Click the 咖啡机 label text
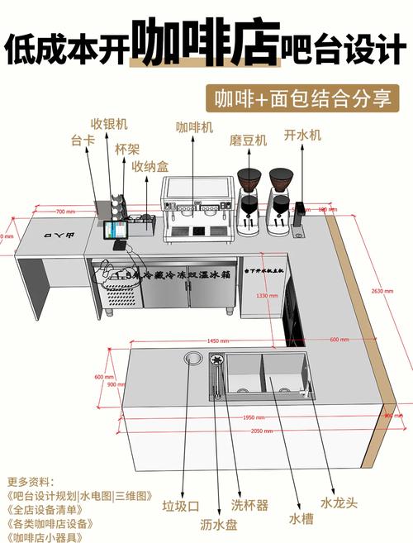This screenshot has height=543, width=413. tap(194, 127)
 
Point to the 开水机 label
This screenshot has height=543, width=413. tap(301, 134)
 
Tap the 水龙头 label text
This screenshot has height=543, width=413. tap(339, 503)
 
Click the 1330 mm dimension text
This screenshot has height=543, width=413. tap(267, 295)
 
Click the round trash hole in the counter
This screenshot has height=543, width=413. tap(194, 358)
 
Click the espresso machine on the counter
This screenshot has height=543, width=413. tap(197, 210)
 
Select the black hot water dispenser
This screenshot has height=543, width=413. tap(300, 217)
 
